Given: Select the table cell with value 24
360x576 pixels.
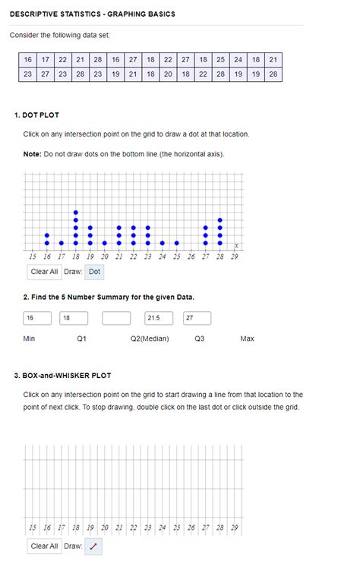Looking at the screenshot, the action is [238, 59].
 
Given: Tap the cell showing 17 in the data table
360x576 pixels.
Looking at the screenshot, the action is [45, 59].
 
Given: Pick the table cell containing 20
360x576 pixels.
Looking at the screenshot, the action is [168, 74].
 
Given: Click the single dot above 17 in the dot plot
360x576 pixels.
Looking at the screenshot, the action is [61, 244].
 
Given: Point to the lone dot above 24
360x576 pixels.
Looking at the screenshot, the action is [163, 244].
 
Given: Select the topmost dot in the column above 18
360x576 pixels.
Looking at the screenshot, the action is [75, 212].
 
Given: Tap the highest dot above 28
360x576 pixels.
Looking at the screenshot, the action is [220, 220].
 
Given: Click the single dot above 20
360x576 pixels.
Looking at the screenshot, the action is [104, 244].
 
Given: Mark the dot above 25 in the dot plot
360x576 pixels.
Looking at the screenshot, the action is [177, 244].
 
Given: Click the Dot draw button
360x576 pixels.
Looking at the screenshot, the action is [94, 272].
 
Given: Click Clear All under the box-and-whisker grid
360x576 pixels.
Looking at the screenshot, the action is [44, 546].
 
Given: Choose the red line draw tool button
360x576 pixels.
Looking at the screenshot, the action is [93, 546].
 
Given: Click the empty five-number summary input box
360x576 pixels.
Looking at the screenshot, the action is [116, 318].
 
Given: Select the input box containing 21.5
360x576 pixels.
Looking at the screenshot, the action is [158, 318].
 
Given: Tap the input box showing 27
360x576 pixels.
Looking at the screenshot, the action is [197, 318].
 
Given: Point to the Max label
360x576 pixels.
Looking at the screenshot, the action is [247, 338].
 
